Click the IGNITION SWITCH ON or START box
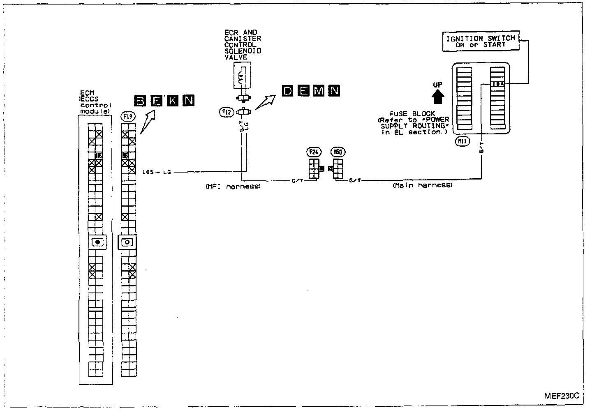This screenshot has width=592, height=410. pos(481,42)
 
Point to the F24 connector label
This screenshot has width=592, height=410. pos(313,152)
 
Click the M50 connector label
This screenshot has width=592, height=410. pos(338,152)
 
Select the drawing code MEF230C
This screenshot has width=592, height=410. pos(562,396)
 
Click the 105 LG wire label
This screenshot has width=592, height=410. pos(156,172)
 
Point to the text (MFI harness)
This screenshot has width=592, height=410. pos(233,186)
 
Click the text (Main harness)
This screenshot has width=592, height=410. pos(422,186)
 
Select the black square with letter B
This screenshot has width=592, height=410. pos(141,101)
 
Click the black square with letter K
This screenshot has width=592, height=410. pos(173,101)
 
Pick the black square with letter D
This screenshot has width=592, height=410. pos(288,91)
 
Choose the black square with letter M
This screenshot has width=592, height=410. pos(319,91)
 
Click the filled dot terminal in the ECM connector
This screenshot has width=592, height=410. pos(98,242)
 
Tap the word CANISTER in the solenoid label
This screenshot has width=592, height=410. pos(243,39)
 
